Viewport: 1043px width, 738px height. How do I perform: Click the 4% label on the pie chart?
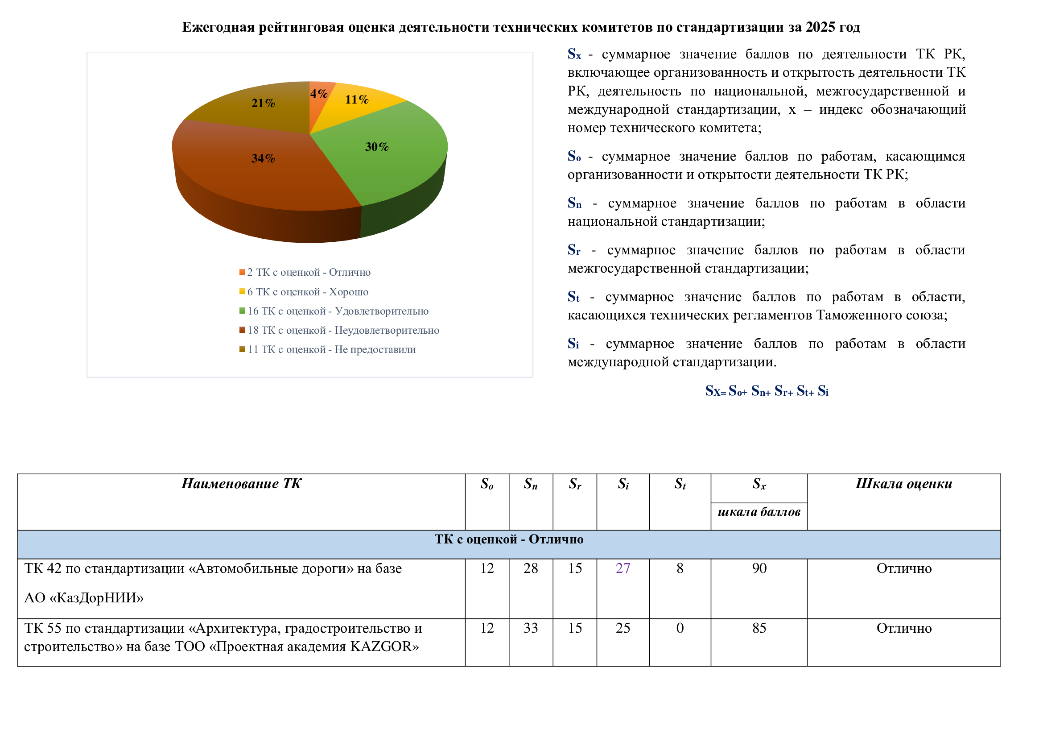pyautogui.click(x=318, y=94)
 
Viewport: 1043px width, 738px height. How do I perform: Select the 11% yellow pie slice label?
pyautogui.click(x=357, y=100)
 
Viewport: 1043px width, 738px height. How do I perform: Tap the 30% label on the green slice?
pyautogui.click(x=377, y=147)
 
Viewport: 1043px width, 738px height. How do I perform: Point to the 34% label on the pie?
pyautogui.click(x=263, y=158)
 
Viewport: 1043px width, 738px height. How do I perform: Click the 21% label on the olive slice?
pyautogui.click(x=263, y=103)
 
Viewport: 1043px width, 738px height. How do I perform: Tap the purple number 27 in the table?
pyautogui.click(x=623, y=568)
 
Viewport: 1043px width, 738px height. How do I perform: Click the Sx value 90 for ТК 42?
pyautogui.click(x=759, y=568)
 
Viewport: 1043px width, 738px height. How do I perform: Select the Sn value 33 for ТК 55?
pyautogui.click(x=531, y=629)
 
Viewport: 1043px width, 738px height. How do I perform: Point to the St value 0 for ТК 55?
pyautogui.click(x=680, y=629)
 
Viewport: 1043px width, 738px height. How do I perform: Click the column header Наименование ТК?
pyautogui.click(x=241, y=484)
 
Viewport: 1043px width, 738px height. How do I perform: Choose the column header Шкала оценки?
pyautogui.click(x=903, y=484)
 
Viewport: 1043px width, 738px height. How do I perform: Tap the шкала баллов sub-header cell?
pyautogui.click(x=759, y=512)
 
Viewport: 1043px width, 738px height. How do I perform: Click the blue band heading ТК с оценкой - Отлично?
pyautogui.click(x=509, y=539)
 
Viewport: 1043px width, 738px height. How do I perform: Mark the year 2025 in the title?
pyautogui.click(x=820, y=27)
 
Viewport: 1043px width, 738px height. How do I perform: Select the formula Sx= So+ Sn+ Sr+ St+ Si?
pyautogui.click(x=767, y=391)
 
